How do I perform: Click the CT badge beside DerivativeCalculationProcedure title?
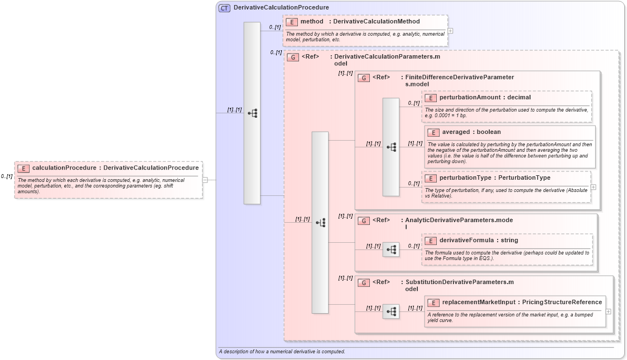tap(224, 8)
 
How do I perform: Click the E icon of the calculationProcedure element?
tap(23, 168)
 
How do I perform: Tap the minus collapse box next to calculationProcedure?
tap(205, 180)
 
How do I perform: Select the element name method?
tap(312, 21)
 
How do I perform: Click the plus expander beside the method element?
tap(450, 31)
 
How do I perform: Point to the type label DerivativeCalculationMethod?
tap(377, 21)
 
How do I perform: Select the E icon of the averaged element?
tap(433, 132)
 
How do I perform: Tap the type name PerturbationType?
tap(524, 177)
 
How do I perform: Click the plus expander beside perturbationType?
tap(593, 187)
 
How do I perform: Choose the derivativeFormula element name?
tap(466, 240)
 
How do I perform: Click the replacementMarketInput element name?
tap(479, 302)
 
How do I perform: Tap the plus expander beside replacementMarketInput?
tap(608, 311)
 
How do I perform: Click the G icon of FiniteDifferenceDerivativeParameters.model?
tap(364, 78)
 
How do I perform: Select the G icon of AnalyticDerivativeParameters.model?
tap(364, 220)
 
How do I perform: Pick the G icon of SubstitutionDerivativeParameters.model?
tap(364, 282)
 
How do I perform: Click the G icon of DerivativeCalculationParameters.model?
tap(292, 57)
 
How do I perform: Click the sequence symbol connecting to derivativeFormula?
tap(391, 249)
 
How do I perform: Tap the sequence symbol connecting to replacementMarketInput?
tap(391, 311)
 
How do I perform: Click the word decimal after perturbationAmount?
tap(519, 97)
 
